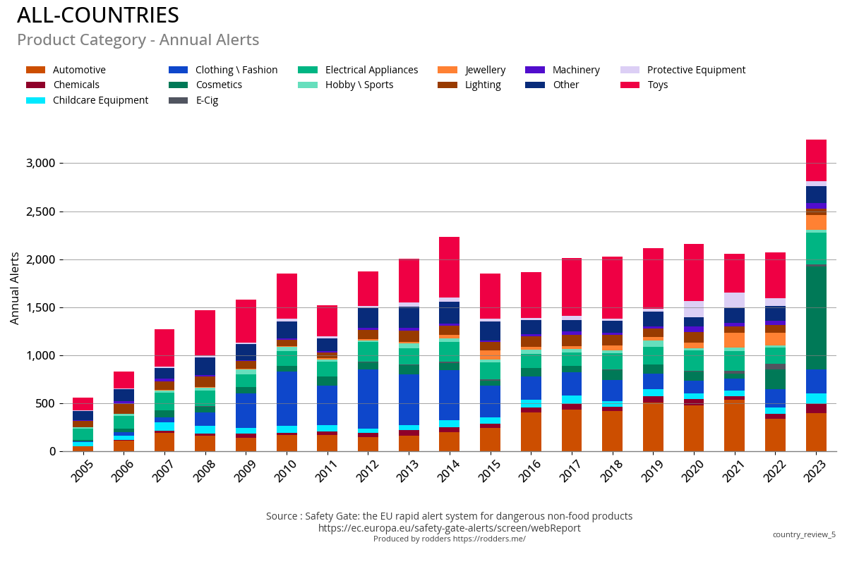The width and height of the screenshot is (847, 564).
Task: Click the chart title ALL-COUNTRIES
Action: pos(98,16)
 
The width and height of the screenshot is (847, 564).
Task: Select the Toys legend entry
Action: pos(656,85)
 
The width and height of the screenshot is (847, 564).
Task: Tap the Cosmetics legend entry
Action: pos(218,85)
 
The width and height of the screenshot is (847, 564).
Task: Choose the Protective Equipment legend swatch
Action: pos(630,70)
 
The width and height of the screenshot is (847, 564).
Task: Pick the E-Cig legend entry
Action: pos(206,100)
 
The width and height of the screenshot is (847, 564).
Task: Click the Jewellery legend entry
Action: pos(485,70)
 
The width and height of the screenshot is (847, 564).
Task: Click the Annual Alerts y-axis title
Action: pos(15,288)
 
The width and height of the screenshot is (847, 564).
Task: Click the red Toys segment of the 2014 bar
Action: pos(450,267)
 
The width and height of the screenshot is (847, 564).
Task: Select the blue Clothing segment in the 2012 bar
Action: pos(368,398)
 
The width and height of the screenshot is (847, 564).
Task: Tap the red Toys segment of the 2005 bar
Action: pos(83,404)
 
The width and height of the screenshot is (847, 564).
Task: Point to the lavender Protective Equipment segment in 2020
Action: pos(694,309)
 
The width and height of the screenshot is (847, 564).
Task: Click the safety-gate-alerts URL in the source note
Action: pos(449,528)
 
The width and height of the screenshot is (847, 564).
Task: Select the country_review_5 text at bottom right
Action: pos(803,534)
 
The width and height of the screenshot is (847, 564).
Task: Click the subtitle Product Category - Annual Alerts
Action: pos(138,40)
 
